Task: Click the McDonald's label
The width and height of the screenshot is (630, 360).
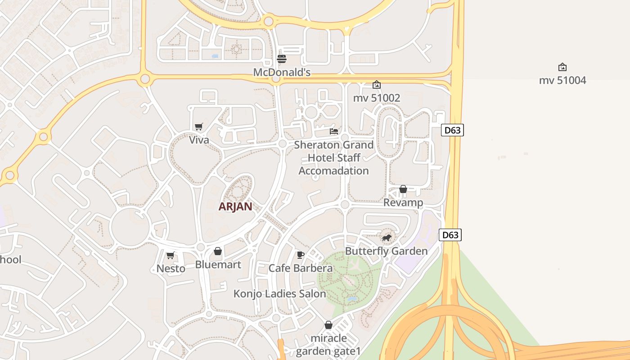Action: point(282,72)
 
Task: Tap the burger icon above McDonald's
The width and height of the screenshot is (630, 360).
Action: point(282,59)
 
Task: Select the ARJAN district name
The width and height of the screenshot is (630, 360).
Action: point(235,207)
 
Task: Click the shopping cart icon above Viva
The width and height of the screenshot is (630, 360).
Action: point(199,127)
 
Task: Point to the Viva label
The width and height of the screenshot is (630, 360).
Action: point(199,140)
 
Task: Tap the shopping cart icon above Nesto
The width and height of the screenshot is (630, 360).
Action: point(171,256)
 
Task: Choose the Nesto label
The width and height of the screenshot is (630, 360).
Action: point(171,269)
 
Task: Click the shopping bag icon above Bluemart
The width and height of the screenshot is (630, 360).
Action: point(218,251)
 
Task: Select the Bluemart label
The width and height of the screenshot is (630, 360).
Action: point(218,264)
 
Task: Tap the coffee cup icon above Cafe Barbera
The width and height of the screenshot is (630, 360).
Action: point(301,255)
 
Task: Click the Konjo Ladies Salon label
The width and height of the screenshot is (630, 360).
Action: point(279,294)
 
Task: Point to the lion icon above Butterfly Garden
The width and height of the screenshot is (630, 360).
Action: point(386,238)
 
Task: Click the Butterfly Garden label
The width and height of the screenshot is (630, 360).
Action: point(386,251)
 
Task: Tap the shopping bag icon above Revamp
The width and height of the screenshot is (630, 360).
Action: point(403,189)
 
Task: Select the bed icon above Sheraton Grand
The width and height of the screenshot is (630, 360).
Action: point(334,131)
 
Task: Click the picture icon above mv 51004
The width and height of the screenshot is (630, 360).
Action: point(562,67)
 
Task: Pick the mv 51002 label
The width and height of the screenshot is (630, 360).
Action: point(377,98)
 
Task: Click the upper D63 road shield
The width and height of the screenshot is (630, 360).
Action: point(452,130)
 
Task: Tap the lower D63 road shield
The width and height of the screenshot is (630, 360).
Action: point(450,235)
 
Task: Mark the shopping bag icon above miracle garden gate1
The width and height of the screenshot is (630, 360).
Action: point(328,325)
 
